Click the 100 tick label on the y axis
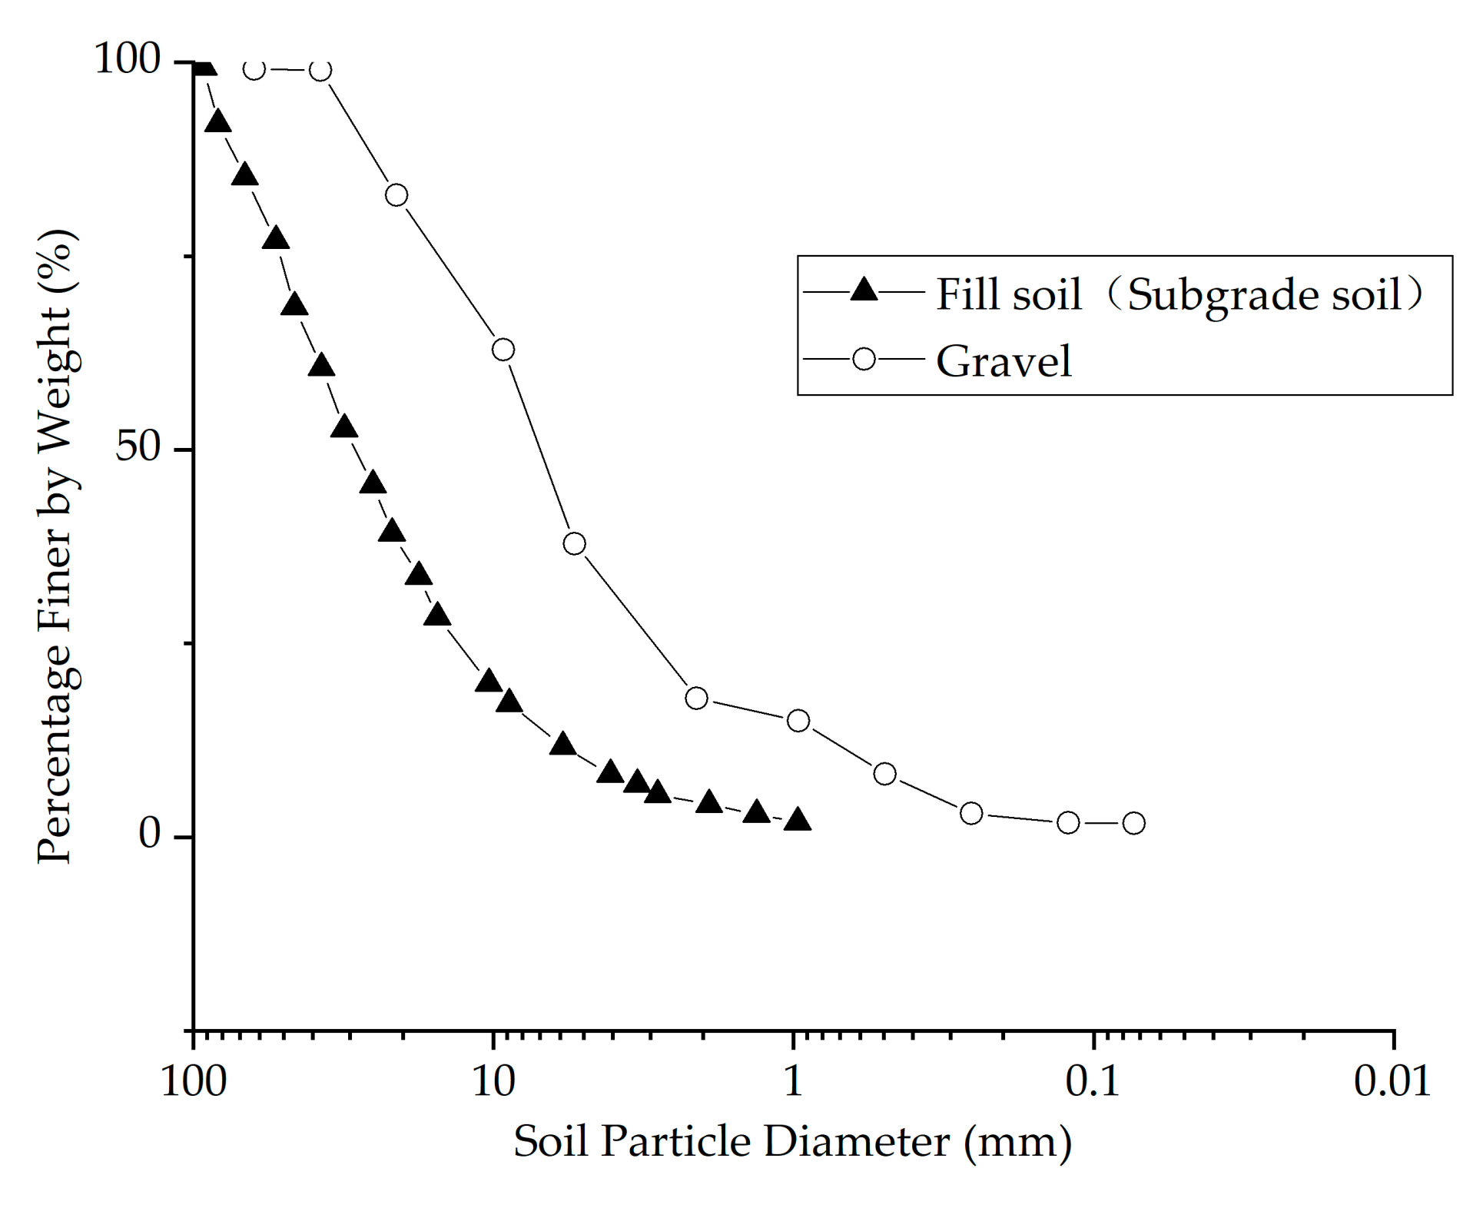127,59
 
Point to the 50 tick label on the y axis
138,447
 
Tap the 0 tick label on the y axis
150,835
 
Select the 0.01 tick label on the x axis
1392,1082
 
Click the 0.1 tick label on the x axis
1093,1082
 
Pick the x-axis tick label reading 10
493,1082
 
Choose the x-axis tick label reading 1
793,1082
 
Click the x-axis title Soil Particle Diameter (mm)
792,1142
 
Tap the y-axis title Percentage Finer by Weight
57,546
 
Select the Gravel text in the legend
1004,360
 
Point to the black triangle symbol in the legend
864,290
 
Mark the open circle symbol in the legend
864,359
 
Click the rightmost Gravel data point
1133,823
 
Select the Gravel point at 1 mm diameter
798,720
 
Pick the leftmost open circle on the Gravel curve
254,69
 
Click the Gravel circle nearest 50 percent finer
574,543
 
